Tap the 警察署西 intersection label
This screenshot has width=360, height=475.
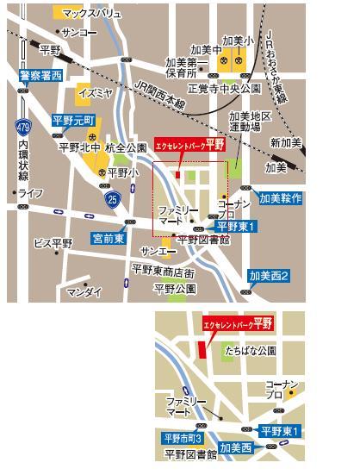click(x=35, y=76)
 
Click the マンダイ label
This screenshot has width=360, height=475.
click(x=84, y=292)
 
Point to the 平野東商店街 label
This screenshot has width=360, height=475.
click(x=164, y=270)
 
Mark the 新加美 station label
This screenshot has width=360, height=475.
click(x=285, y=141)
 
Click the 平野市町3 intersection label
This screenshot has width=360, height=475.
click(x=182, y=438)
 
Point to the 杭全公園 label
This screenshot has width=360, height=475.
click(x=126, y=148)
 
